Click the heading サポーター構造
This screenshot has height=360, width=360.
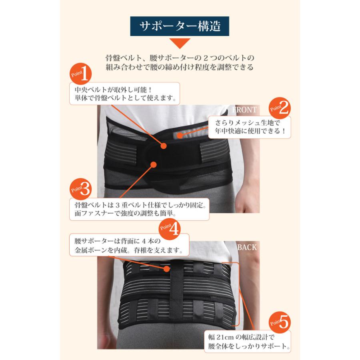(x=181, y=27)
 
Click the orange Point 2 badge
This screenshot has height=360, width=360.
(x=280, y=107)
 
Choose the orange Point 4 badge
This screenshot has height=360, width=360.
(x=171, y=228)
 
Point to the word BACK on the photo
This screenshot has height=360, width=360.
(x=247, y=248)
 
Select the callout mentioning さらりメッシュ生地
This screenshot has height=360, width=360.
(x=249, y=127)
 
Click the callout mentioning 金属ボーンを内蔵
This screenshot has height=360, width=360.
(x=128, y=247)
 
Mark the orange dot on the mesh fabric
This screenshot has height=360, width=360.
(x=180, y=136)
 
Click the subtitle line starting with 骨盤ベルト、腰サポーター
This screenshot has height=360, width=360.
(x=180, y=58)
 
